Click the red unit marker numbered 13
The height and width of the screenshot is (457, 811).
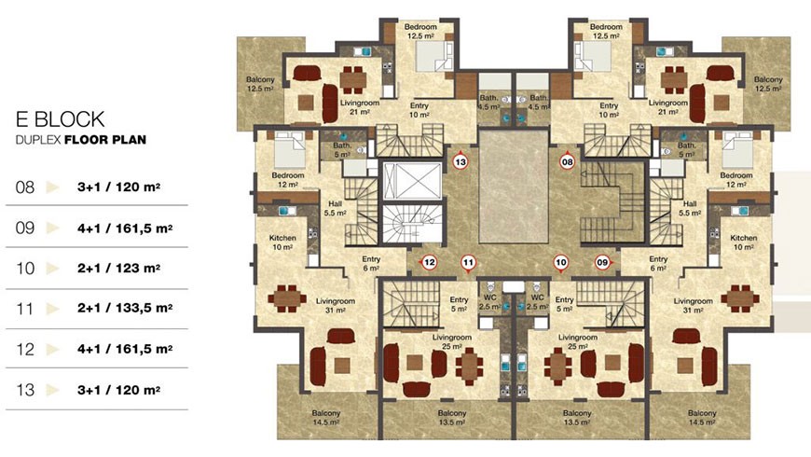460,162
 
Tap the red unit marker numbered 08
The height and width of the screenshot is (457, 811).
568,162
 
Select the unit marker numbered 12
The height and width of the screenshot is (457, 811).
429,262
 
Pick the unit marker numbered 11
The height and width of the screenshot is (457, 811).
468,263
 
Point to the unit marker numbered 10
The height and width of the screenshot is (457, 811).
561,263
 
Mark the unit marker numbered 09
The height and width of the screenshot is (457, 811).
602,262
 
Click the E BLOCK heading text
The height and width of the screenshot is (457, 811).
60,119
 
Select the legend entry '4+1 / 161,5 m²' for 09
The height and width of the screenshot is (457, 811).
125,228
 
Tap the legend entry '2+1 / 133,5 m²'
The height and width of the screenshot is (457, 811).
125,309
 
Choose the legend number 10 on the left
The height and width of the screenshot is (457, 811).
25,268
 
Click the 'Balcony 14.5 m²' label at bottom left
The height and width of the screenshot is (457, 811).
326,418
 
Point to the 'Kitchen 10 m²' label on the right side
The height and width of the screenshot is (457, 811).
743,242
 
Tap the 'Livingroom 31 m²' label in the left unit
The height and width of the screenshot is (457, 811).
336,305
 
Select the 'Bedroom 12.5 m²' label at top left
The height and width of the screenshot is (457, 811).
420,31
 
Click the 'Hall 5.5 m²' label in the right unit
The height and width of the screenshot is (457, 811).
690,208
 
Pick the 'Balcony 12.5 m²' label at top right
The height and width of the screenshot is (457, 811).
768,84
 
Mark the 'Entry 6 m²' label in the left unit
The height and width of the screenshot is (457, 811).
371,263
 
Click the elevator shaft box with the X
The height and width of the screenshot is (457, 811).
412,181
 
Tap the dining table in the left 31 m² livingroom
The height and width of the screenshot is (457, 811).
286,298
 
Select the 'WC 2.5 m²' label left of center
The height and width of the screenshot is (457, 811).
489,302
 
